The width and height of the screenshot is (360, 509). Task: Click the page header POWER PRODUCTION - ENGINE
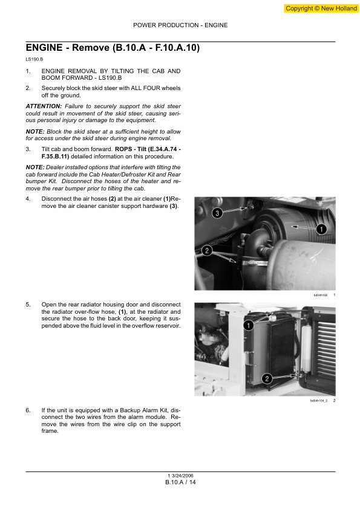[180, 25]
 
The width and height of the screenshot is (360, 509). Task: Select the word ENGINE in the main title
[45, 48]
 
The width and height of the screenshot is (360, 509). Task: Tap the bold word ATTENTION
[44, 106]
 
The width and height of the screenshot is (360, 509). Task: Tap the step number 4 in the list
[28, 199]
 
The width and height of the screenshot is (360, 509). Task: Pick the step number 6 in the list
[28, 410]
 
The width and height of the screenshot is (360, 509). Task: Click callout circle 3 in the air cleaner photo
[217, 213]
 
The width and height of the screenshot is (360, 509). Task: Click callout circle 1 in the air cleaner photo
[321, 228]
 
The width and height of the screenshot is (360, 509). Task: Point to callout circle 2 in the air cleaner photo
[206, 250]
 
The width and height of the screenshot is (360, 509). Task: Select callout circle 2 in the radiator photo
[267, 379]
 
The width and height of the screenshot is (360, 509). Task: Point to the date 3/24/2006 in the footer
[182, 475]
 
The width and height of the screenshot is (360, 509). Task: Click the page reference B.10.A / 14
[180, 482]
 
